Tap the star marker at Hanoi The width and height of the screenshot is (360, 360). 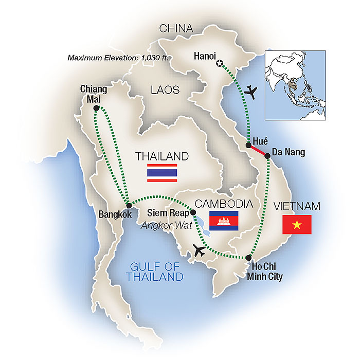tap(221, 63)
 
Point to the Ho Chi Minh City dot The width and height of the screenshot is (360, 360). tap(248, 257)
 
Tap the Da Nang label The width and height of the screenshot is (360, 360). tap(289, 153)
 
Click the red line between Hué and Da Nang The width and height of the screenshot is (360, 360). tap(258, 151)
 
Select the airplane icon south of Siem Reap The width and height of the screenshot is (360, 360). tap(199, 251)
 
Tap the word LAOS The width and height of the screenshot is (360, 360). tap(165, 91)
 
